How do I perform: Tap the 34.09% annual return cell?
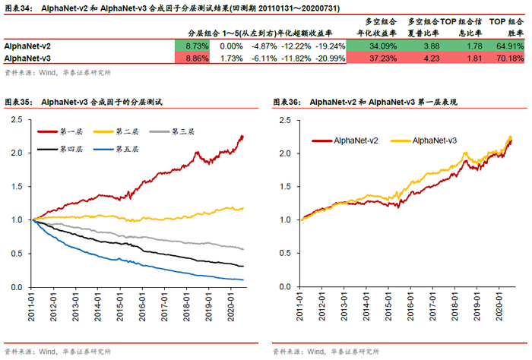pyautogui.click(x=374, y=46)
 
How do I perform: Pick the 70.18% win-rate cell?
pyautogui.click(x=508, y=58)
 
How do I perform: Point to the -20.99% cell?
pyautogui.click(x=330, y=58)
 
